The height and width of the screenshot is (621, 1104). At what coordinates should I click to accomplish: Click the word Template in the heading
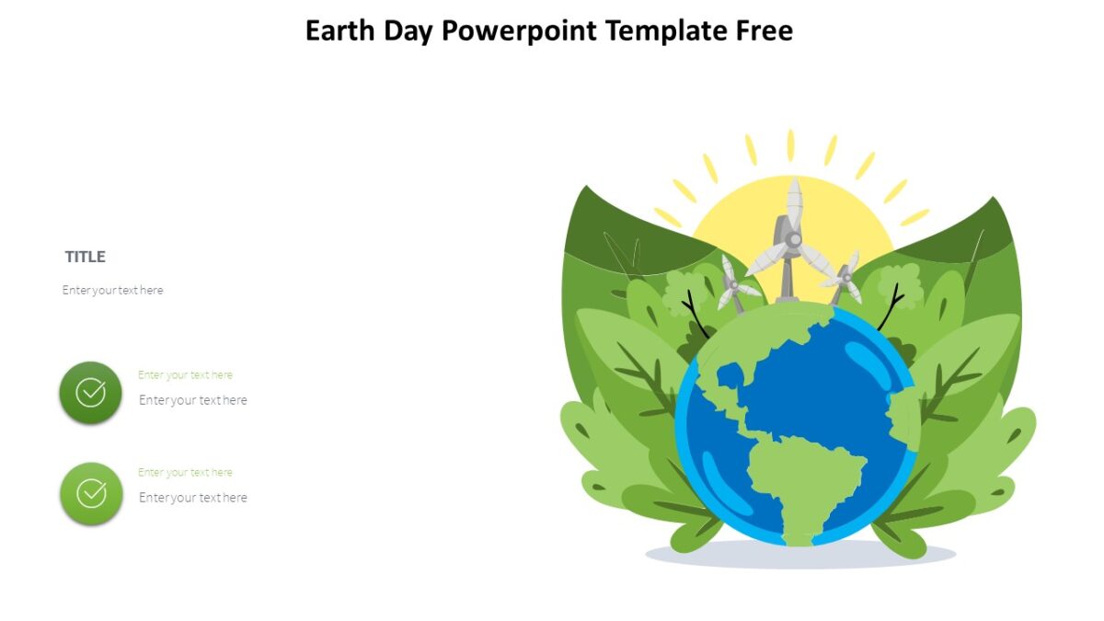click(666, 31)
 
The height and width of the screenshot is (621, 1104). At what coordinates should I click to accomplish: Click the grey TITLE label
click(86, 257)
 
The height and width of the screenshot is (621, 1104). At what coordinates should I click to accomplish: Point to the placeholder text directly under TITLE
click(113, 290)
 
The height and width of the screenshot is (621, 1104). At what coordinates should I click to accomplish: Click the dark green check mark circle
click(90, 393)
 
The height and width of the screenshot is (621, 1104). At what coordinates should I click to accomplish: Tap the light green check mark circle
click(90, 494)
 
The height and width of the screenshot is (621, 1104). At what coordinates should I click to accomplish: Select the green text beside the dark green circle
click(185, 375)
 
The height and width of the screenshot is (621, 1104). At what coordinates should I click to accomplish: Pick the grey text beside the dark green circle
click(193, 400)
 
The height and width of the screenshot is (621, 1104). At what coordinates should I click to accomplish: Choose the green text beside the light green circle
click(185, 473)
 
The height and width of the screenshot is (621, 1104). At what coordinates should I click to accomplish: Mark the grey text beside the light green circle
click(193, 498)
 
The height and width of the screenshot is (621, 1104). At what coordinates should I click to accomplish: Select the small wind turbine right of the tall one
click(845, 273)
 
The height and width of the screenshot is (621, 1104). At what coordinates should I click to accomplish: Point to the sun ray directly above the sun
click(790, 144)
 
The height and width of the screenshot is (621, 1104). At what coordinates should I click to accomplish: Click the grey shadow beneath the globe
click(800, 555)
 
